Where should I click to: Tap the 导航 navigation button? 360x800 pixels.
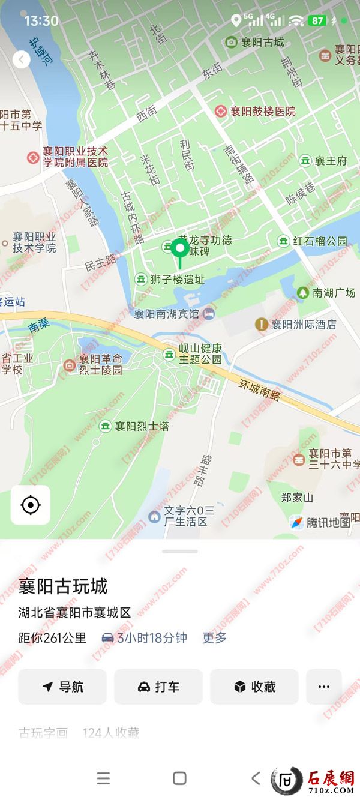(x=62, y=687)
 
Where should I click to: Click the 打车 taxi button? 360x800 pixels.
(x=158, y=687)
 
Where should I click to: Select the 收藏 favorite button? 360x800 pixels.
(x=254, y=687)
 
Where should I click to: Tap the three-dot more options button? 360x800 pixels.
(x=324, y=687)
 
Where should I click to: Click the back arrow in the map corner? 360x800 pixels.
(x=21, y=59)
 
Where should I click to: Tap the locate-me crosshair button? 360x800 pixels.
(x=30, y=505)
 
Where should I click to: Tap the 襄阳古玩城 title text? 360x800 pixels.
(x=63, y=586)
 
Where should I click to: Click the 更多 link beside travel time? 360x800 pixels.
(x=214, y=638)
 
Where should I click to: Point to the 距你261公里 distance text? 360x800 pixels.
(x=52, y=638)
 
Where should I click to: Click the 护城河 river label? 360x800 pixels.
(x=41, y=52)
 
